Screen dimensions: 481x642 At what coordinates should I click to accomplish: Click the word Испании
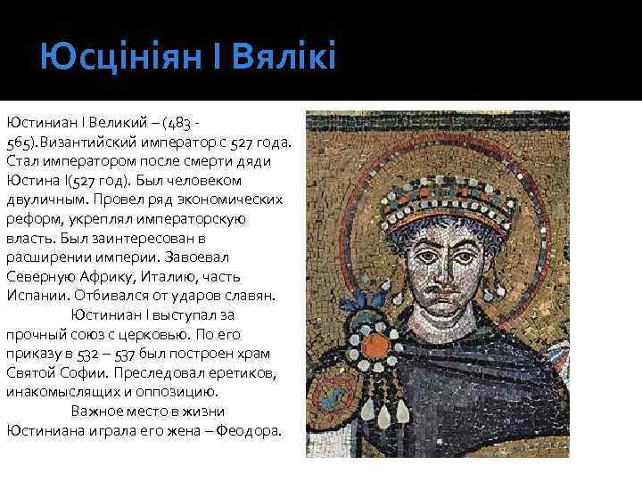(x=36, y=295)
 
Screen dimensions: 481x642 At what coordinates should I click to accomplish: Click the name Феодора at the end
(x=251, y=430)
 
